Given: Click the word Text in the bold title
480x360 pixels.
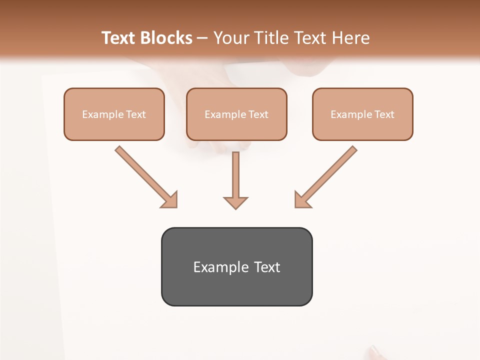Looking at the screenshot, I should (x=119, y=38).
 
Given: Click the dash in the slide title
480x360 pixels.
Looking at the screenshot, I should (x=202, y=38).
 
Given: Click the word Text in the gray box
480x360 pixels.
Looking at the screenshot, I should (x=267, y=267).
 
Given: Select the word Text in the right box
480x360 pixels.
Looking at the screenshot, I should (x=384, y=114).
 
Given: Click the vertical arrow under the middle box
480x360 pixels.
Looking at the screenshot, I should (x=235, y=175).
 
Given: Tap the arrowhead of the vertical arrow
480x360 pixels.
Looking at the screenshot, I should (x=235, y=202).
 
